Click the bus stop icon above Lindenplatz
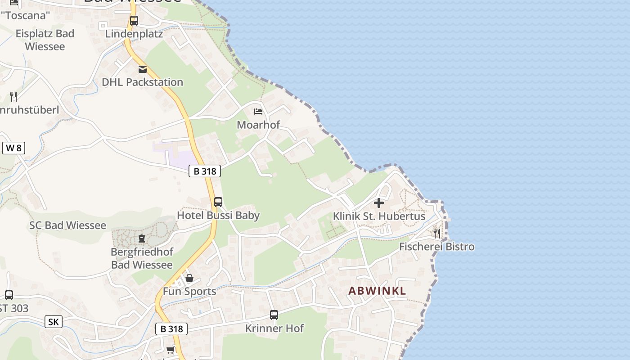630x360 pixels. [x=134, y=21]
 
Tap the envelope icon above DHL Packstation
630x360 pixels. [x=143, y=69]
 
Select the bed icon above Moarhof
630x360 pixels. [x=258, y=111]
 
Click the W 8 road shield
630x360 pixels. [x=13, y=148]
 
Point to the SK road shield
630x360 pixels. [x=53, y=322]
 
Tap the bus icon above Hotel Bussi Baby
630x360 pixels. [x=218, y=202]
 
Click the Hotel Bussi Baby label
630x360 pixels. [x=218, y=216]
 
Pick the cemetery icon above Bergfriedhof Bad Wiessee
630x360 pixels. [x=142, y=238]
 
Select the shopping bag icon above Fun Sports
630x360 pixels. [x=189, y=278]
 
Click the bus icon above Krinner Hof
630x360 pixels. [x=274, y=315]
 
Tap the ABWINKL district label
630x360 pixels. [x=377, y=291]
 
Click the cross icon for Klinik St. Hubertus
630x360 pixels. [x=379, y=203]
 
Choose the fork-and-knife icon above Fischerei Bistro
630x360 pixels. [x=436, y=233]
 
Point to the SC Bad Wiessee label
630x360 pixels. [x=68, y=225]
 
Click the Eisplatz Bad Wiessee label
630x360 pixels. [x=45, y=40]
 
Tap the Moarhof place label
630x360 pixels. [x=258, y=125]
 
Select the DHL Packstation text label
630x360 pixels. [x=142, y=82]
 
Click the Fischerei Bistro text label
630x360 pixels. [x=436, y=247]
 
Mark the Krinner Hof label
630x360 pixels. [x=274, y=328]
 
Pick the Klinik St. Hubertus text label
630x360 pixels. [x=379, y=216]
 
